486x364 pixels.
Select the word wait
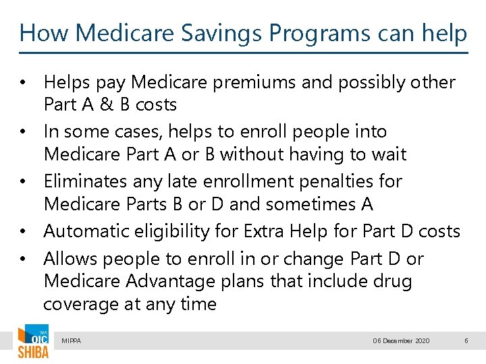click(x=388, y=154)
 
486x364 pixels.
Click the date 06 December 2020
click(x=401, y=341)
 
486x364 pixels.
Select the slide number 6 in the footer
click(x=466, y=341)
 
